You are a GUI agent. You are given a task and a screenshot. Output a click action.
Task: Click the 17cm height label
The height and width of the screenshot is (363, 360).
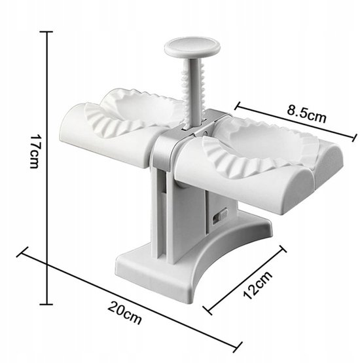point(35,151)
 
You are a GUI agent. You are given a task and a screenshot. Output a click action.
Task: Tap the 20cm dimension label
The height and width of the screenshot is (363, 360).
point(124,313)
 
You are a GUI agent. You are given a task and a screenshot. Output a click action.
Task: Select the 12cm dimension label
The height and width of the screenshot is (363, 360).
point(258,285)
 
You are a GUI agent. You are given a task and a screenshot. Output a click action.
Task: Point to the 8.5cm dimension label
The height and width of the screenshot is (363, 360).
point(306,113)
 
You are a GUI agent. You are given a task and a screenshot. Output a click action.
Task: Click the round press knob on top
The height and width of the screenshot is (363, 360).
point(192,47)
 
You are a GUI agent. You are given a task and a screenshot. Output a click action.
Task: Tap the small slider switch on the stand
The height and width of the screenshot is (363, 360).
point(220,216)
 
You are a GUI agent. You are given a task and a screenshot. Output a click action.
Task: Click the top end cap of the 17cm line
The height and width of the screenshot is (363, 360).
point(46,31)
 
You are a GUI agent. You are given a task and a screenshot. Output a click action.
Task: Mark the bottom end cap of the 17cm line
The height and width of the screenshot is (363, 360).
point(46,305)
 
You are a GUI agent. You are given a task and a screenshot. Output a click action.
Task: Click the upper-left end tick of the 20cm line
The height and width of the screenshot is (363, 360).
point(22,252)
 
